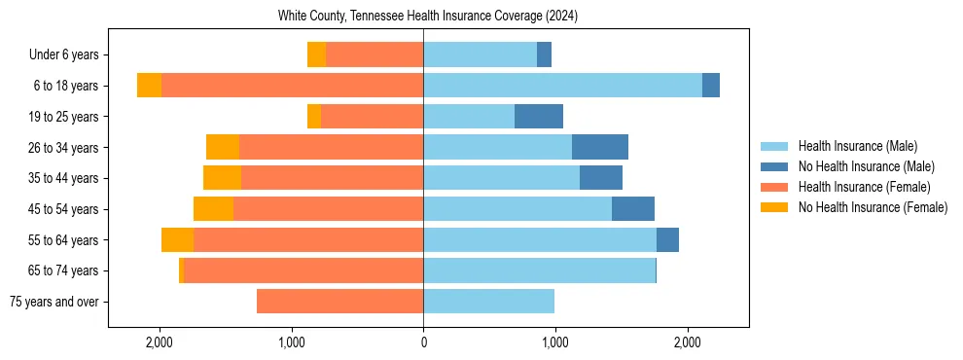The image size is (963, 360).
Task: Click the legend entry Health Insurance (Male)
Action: pyautogui.click(x=857, y=146)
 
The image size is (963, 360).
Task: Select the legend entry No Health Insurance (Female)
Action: pyautogui.click(x=872, y=207)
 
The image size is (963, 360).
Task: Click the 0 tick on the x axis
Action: pyautogui.click(x=423, y=343)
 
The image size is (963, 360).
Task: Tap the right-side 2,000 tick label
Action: pyautogui.click(x=687, y=343)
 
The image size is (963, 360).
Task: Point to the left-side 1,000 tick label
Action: pyautogui.click(x=291, y=343)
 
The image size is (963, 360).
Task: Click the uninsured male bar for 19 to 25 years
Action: pyautogui.click(x=539, y=116)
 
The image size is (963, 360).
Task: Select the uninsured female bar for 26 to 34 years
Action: pyautogui.click(x=223, y=147)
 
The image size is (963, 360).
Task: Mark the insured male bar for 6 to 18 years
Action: pyautogui.click(x=562, y=86)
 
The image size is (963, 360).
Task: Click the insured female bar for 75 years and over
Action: pyautogui.click(x=339, y=302)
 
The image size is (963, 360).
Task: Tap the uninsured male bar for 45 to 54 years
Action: pyautogui.click(x=633, y=209)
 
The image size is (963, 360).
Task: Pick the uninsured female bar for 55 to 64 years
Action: pyautogui.click(x=177, y=240)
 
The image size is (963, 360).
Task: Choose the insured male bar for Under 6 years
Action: pyautogui.click(x=480, y=54)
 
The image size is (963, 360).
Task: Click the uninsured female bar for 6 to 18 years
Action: pyautogui.click(x=149, y=86)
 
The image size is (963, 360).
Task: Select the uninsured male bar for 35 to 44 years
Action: pyautogui.click(x=601, y=178)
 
